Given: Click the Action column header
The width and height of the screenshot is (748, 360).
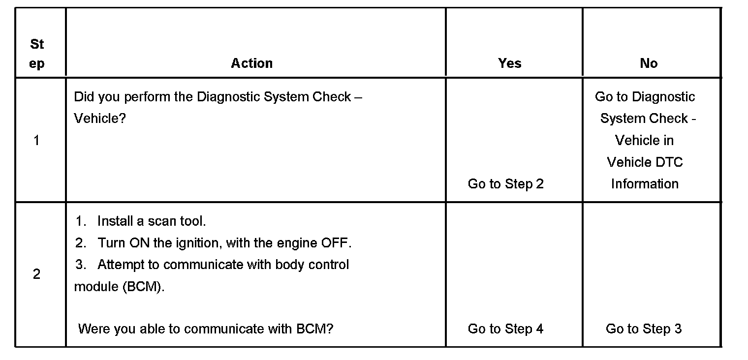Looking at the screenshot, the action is click(x=251, y=63).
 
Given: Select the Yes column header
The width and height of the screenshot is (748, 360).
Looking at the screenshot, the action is click(x=509, y=63).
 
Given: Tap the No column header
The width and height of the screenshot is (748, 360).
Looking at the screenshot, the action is click(x=648, y=63).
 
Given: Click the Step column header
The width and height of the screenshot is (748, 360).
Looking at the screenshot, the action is click(x=37, y=54).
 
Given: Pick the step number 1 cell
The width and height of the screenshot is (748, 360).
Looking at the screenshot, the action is click(x=36, y=141).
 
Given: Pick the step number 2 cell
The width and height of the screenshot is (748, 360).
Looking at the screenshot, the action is click(x=36, y=274).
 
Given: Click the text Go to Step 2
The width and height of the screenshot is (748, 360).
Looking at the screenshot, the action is click(x=505, y=184).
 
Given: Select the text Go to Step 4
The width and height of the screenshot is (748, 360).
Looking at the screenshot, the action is click(x=505, y=329).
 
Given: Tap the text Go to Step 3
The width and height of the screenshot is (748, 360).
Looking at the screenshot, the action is click(x=644, y=329).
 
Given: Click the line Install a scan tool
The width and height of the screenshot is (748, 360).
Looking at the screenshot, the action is click(x=151, y=221).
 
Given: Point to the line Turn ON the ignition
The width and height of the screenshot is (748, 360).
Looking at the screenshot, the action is click(x=224, y=243).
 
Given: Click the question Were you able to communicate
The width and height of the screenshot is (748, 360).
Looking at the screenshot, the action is click(x=206, y=329).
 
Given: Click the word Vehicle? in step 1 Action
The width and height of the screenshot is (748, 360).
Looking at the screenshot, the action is click(x=100, y=119).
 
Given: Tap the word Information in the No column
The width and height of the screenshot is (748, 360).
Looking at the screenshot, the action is click(x=645, y=184).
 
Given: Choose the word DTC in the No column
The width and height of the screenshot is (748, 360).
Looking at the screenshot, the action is click(x=670, y=162).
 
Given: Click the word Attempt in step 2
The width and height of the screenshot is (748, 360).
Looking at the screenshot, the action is click(x=121, y=265).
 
